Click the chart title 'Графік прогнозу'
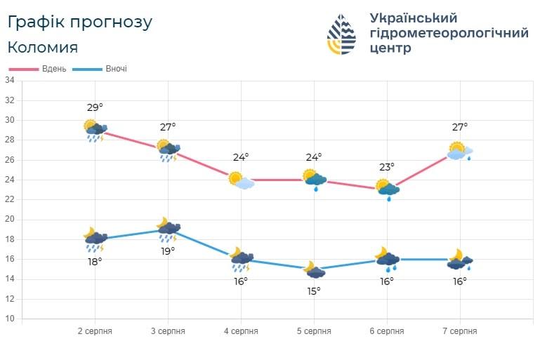tap(80, 22)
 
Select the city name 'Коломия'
tap(43, 48)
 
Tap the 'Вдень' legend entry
tap(38, 69)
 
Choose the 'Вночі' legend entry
tap(100, 69)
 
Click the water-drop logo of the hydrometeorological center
tap(341, 34)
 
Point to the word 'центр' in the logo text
tap(390, 48)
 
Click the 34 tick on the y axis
tap(10, 81)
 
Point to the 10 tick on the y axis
tap(10, 319)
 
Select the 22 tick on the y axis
tap(10, 199)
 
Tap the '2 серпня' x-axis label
tap(95, 331)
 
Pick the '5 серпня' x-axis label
tap(314, 331)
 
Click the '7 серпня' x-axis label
tap(460, 331)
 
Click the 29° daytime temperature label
tap(95, 108)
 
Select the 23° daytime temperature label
tap(387, 167)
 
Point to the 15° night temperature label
tap(314, 291)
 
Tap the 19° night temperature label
tap(168, 252)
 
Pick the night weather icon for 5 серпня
tap(315, 269)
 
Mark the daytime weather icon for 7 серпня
tap(460, 152)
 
